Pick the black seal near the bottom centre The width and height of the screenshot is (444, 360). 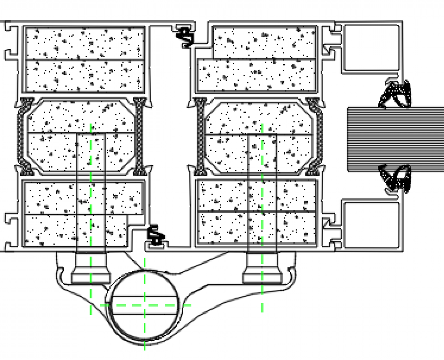click(156, 235)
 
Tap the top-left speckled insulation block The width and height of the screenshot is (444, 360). click(85, 59)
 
